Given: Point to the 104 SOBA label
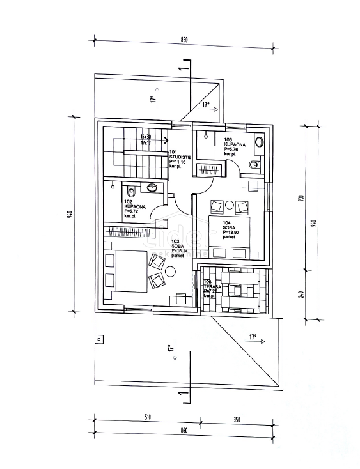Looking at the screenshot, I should [x=231, y=228].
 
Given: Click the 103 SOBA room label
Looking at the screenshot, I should [x=180, y=248].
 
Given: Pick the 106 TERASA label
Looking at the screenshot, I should [x=212, y=288].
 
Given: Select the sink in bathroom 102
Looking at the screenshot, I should [x=153, y=188].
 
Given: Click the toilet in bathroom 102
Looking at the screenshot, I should [x=130, y=190].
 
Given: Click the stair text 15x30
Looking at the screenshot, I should [x=145, y=137].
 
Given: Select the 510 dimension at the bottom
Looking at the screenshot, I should [x=147, y=417].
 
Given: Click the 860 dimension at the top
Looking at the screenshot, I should [x=184, y=40].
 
